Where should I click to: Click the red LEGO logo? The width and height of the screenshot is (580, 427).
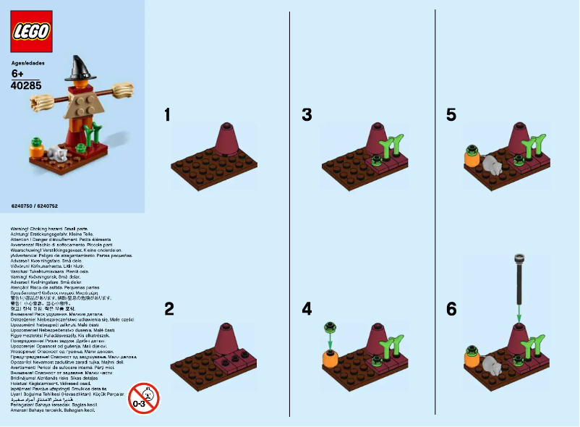[31, 32]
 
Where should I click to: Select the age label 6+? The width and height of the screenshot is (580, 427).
[18, 74]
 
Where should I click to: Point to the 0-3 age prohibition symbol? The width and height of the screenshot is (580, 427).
[143, 397]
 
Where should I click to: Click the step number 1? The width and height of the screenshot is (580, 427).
[168, 115]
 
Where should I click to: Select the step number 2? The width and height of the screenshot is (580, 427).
[169, 309]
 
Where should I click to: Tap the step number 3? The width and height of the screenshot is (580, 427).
[307, 115]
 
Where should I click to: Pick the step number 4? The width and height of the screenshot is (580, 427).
[307, 309]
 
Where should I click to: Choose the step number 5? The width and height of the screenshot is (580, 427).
[451, 115]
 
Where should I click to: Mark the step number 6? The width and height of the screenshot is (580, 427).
[451, 309]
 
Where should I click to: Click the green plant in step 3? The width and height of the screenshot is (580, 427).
[394, 148]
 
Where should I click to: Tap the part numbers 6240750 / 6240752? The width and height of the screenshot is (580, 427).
[34, 206]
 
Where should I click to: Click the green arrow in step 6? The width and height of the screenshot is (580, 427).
[519, 315]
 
